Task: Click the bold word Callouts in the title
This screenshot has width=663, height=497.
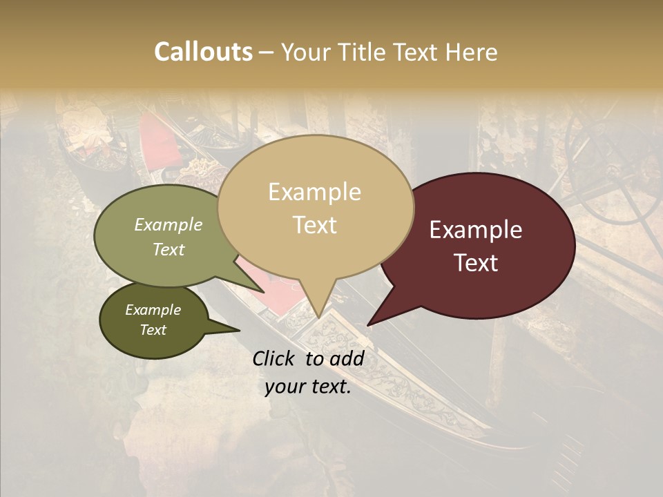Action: coord(203,52)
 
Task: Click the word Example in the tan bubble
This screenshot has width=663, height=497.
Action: coord(314,192)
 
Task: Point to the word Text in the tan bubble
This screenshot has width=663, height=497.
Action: coord(315,224)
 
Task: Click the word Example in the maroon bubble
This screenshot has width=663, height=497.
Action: coord(476,230)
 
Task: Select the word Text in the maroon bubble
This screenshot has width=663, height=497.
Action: coord(477,262)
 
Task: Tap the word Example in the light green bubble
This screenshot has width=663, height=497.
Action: coord(169,225)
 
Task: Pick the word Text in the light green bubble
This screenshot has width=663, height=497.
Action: coord(169,249)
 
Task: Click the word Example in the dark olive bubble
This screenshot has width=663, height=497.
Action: coord(153,310)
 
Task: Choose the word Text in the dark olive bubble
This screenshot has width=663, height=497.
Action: coord(153,330)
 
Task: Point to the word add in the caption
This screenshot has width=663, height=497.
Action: coord(347,358)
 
